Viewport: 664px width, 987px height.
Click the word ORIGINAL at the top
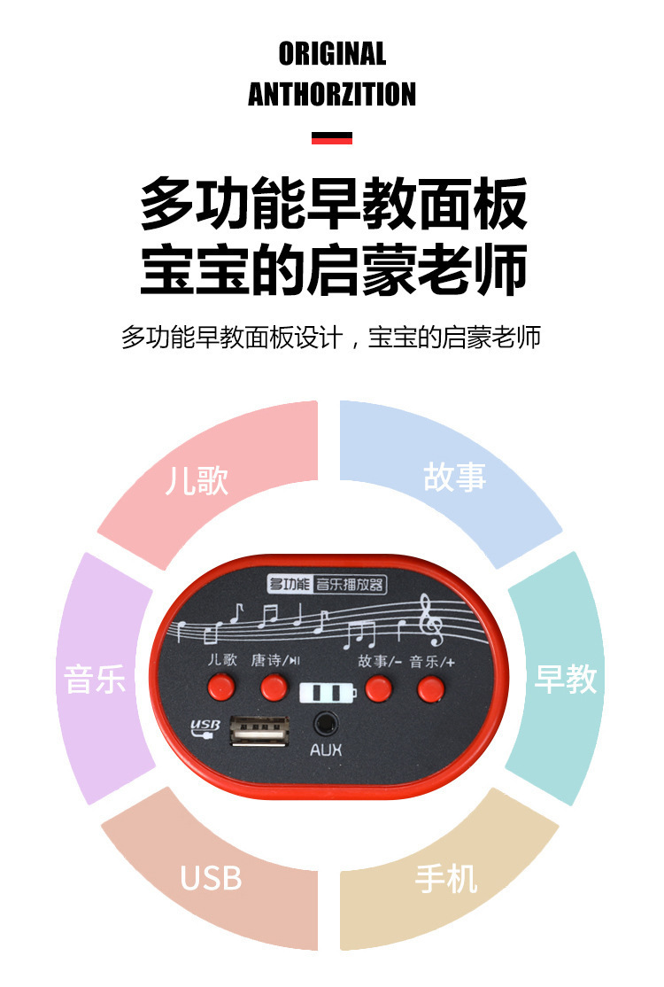(x=332, y=54)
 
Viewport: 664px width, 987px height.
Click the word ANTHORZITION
(x=332, y=94)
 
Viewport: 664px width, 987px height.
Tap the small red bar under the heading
(x=332, y=138)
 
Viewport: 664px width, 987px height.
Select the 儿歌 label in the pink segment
(x=197, y=480)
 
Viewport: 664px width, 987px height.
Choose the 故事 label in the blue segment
(x=455, y=477)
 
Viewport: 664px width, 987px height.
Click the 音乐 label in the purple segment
(x=95, y=680)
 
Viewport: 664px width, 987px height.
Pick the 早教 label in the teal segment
(x=566, y=679)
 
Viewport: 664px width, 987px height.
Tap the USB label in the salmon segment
(x=211, y=878)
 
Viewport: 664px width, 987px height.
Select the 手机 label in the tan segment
(x=446, y=878)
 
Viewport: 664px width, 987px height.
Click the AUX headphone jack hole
(x=327, y=722)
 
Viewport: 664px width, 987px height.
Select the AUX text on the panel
(x=326, y=751)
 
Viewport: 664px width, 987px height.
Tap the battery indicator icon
(x=328, y=692)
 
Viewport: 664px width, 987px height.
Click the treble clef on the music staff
(x=431, y=621)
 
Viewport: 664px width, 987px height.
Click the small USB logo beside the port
(x=205, y=728)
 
